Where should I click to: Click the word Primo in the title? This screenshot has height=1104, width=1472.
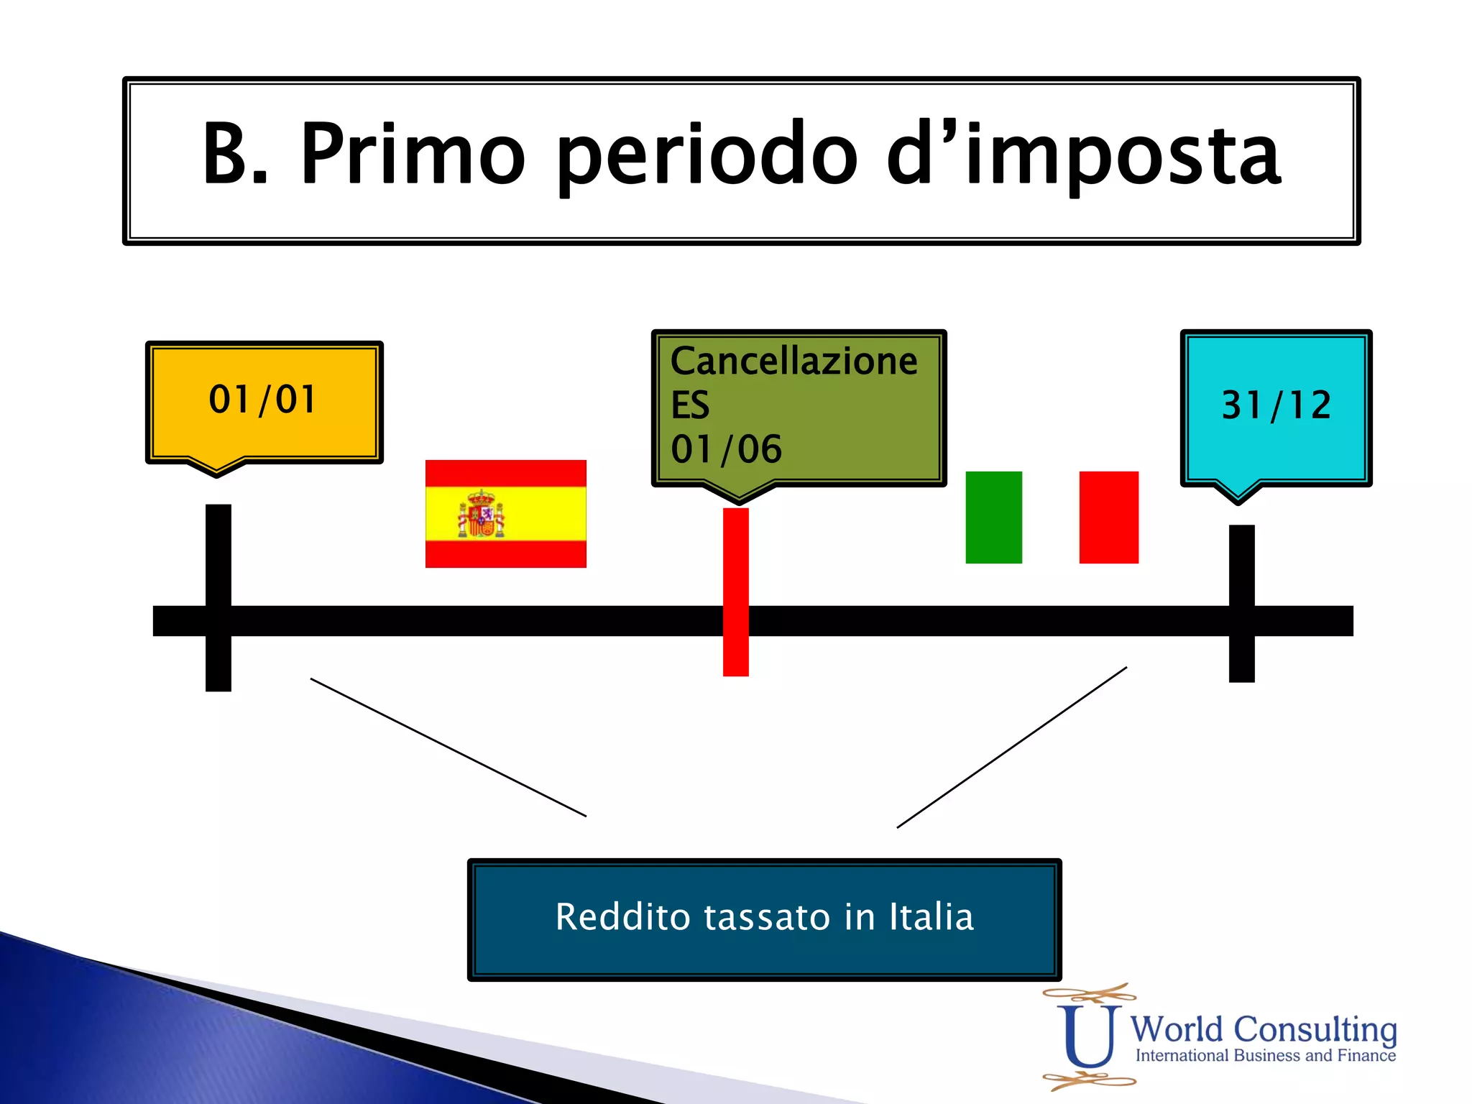click(x=413, y=154)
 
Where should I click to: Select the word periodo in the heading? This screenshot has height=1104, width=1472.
click(x=707, y=155)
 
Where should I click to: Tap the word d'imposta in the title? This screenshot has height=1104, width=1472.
click(x=1084, y=154)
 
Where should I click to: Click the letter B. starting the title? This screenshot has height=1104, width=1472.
click(x=234, y=154)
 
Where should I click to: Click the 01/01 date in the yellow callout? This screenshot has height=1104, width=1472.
click(x=262, y=400)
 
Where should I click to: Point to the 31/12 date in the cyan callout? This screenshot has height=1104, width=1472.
click(x=1276, y=405)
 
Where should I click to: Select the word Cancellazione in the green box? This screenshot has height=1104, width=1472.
click(x=793, y=361)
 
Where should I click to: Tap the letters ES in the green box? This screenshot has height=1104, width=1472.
click(x=690, y=405)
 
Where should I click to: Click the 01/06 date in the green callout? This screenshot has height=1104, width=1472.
click(x=726, y=450)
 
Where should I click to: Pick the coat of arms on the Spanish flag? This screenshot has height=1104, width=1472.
click(x=481, y=515)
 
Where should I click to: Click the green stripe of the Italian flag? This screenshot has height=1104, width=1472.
click(x=993, y=517)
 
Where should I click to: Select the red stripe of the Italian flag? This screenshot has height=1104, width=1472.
click(x=1108, y=517)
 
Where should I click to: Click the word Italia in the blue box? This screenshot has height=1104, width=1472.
click(x=931, y=918)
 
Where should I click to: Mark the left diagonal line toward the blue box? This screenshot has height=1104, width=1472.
click(x=448, y=747)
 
